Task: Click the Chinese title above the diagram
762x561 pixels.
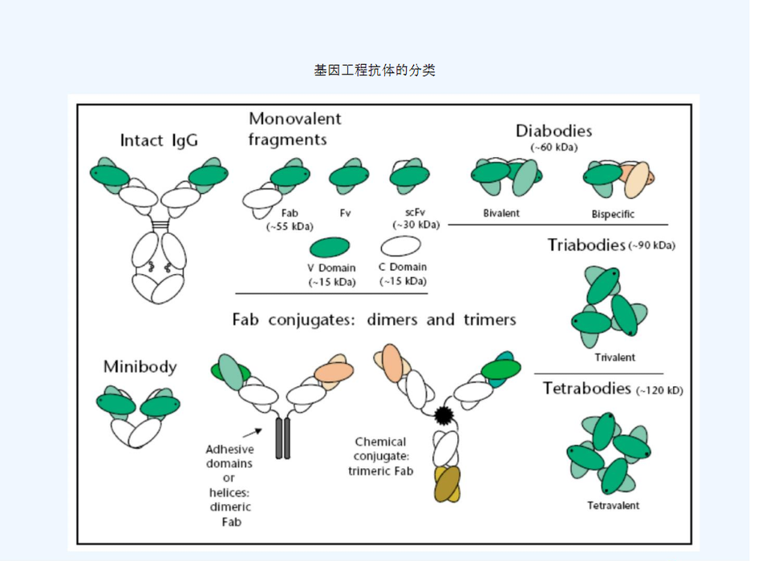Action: click(375, 71)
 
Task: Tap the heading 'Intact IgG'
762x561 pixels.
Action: click(159, 141)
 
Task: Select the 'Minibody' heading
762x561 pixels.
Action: click(140, 367)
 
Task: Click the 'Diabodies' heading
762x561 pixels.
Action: click(553, 131)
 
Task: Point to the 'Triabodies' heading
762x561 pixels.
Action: click(586, 245)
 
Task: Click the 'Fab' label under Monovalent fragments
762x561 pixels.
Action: click(290, 213)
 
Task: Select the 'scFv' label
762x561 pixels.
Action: click(414, 212)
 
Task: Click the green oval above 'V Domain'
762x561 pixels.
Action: click(329, 247)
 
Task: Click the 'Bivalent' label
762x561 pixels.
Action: click(501, 213)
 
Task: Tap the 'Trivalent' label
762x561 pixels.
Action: click(615, 357)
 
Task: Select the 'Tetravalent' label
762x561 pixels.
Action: click(614, 506)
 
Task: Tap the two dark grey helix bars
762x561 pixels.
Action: click(282, 437)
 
